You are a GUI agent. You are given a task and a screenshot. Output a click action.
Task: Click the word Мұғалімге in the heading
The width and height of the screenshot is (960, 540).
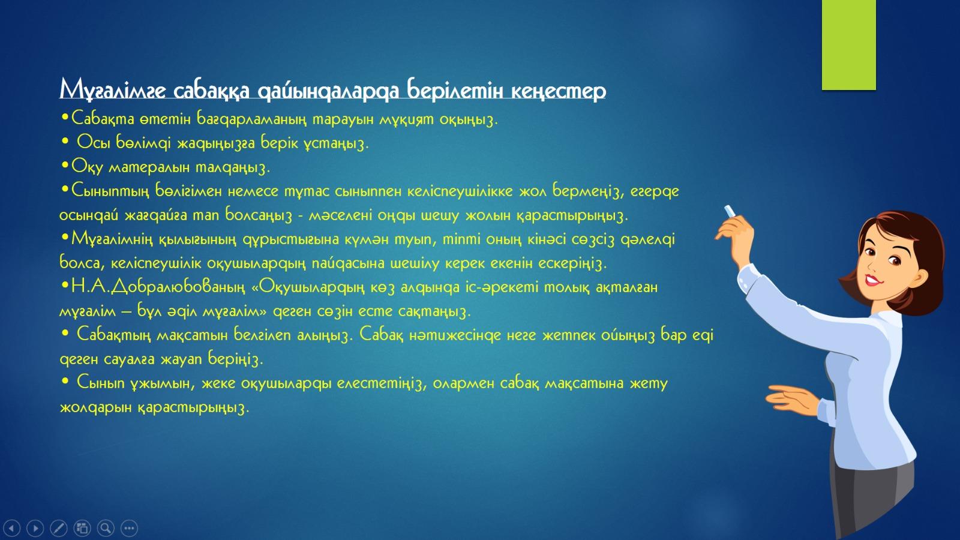pos(112,90)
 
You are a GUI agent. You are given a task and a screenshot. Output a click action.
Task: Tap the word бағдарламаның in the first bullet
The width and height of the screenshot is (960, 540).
pos(252,119)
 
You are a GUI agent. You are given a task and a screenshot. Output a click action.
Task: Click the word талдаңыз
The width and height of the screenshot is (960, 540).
pos(233,167)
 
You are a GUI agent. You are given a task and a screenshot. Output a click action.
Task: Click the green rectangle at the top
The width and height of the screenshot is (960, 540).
pos(848,44)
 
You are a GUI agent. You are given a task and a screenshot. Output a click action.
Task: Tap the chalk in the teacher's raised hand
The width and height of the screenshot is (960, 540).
pos(730,211)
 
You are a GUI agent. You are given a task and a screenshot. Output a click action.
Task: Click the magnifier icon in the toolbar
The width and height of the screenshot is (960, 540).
pos(106,528)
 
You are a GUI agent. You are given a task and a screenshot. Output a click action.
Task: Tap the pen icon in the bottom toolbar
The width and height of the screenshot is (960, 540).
pos(59,528)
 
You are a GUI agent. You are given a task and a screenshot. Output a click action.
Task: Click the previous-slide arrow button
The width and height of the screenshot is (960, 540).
pos(11,528)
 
